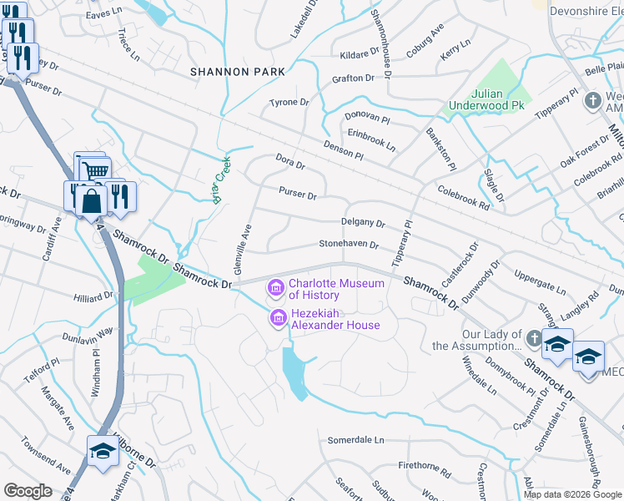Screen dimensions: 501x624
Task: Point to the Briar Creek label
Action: coord(222,181)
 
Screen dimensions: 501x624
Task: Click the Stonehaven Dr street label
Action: coord(350,245)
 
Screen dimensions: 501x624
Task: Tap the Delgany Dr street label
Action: coord(363,224)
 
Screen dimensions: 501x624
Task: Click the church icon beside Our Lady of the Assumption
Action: coord(534,339)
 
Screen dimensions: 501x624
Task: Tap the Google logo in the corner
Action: coord(28,491)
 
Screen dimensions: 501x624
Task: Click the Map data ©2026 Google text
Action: coord(572,494)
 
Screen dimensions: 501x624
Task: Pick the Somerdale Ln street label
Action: coord(355,440)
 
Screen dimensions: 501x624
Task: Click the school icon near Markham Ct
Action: coord(103,452)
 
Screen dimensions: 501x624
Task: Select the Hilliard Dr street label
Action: coord(93,296)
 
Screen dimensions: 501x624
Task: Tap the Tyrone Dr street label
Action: coord(289,103)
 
